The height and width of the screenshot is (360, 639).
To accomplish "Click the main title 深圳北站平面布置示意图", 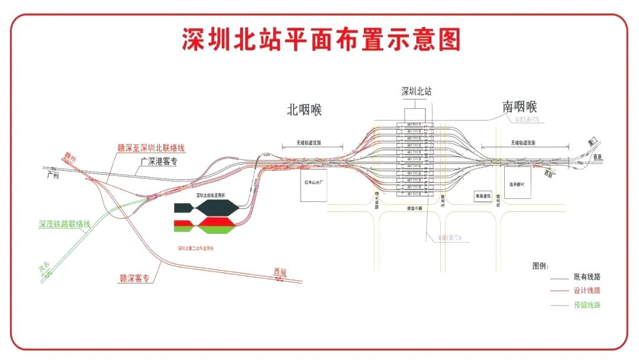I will [x=320, y=40].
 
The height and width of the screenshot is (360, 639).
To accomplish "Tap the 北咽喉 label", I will [x=304, y=110].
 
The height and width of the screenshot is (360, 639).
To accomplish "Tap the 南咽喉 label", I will [x=519, y=107].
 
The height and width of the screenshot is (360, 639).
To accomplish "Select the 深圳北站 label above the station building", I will [x=417, y=92].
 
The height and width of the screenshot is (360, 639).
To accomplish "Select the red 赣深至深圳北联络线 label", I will [x=151, y=147].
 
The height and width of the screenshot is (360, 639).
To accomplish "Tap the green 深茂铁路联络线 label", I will [x=64, y=224].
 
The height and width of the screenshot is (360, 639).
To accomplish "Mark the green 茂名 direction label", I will [x=44, y=270].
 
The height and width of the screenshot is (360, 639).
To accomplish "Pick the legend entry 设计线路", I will [x=587, y=291].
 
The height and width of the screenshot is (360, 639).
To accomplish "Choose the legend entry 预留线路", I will [x=587, y=306].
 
